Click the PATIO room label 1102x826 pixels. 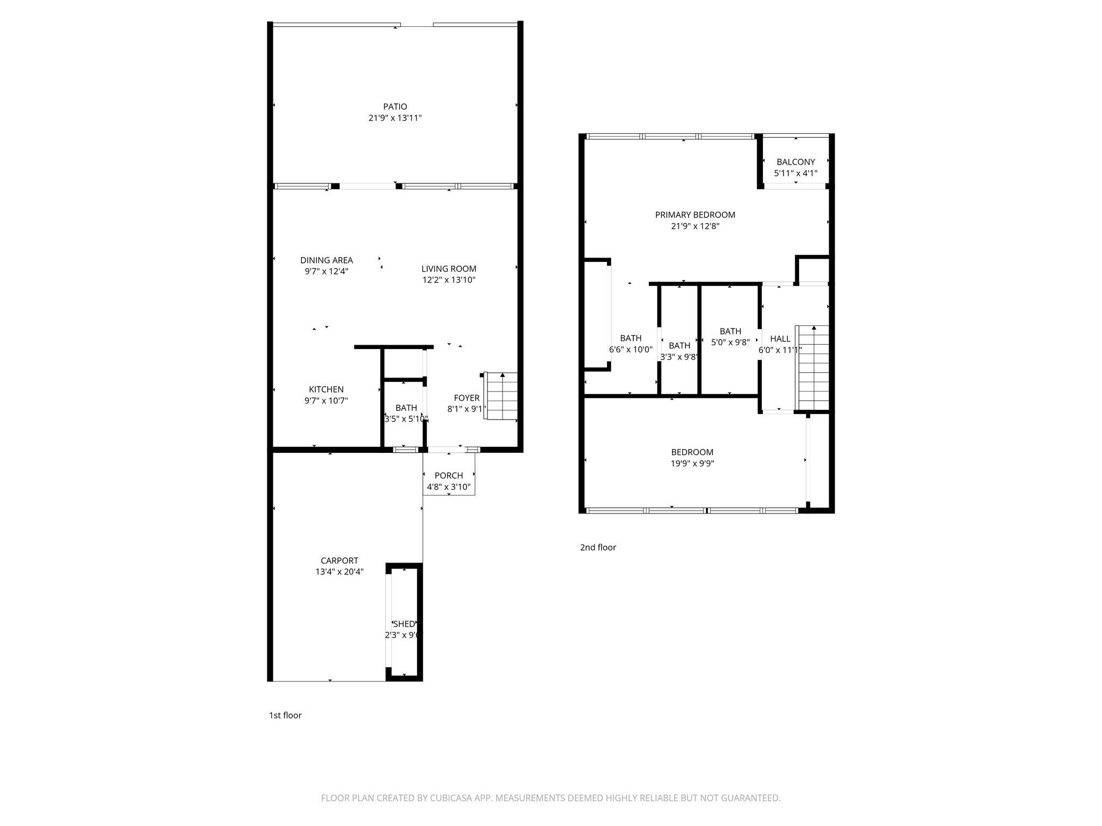click(x=395, y=106)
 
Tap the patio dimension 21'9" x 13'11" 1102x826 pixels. click(x=395, y=118)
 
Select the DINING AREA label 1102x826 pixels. click(x=327, y=260)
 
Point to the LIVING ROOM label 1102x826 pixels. click(x=449, y=269)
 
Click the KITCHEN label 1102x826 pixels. click(x=326, y=389)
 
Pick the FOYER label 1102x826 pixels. click(x=467, y=398)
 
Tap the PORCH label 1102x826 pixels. click(x=449, y=475)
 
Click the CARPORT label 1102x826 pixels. click(x=340, y=560)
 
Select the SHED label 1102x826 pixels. click(x=404, y=624)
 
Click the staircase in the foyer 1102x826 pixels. click(x=501, y=396)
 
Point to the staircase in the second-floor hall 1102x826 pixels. click(x=813, y=368)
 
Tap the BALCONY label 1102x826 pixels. click(x=796, y=162)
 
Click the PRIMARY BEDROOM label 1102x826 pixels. click(x=695, y=215)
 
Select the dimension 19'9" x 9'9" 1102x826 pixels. click(x=693, y=464)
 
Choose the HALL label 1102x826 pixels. click(x=780, y=339)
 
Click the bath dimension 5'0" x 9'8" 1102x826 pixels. click(x=730, y=343)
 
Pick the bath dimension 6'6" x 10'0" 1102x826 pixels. click(x=631, y=350)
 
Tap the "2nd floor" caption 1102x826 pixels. click(x=598, y=547)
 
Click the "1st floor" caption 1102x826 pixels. click(x=285, y=715)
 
